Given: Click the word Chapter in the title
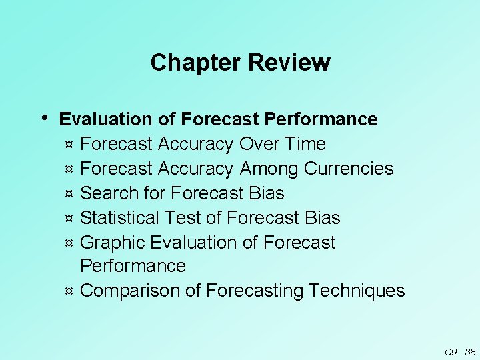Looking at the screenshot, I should coord(195,63).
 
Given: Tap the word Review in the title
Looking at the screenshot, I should coord(289,63).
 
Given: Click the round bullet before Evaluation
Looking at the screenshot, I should coord(43,117).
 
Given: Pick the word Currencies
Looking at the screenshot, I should coord(349,169).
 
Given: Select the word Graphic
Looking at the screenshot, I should coord(113,243).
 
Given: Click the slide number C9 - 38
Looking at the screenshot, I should coord(460,351).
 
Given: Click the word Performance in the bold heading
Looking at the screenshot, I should coord(321,119).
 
